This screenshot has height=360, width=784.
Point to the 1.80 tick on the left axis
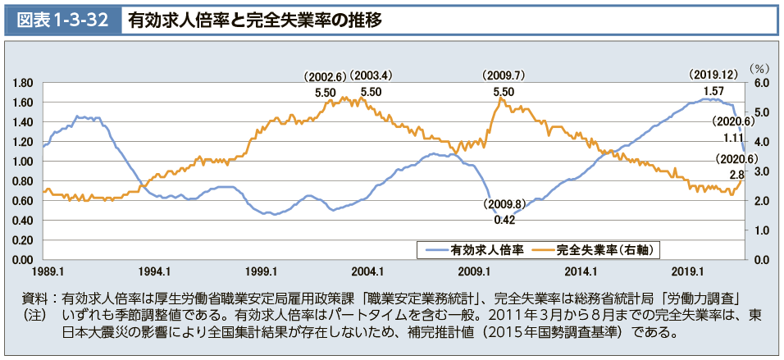pos(22,83)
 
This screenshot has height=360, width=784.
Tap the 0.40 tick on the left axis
pos(22,221)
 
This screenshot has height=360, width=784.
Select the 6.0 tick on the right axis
pos(760,83)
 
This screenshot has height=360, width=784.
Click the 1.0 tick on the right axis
pos(760,230)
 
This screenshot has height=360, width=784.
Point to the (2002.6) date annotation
pos(326,76)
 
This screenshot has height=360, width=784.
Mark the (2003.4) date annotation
pos(371,76)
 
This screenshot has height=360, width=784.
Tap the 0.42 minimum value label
pos(504,219)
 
